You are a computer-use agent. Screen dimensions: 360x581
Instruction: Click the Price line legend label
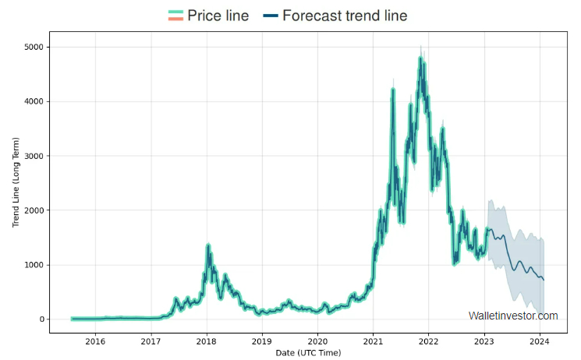tap(218, 16)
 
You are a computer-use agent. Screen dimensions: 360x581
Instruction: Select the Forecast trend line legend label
tap(345, 16)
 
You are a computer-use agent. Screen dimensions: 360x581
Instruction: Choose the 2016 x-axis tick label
tap(95, 341)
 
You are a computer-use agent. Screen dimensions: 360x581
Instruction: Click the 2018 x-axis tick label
tap(207, 341)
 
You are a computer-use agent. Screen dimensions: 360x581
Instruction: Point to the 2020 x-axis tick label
tap(317, 341)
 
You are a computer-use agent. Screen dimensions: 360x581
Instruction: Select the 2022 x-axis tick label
tap(429, 341)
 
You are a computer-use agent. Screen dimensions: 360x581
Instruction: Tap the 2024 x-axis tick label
tap(540, 341)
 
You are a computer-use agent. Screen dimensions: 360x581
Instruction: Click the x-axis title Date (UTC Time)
tap(309, 353)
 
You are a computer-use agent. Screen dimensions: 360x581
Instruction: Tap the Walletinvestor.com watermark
tap(513, 316)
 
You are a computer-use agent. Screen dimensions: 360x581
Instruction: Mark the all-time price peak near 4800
tap(420, 58)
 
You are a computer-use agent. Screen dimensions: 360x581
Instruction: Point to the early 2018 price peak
tap(208, 245)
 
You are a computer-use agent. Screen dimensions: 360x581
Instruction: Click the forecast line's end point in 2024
tap(544, 280)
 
